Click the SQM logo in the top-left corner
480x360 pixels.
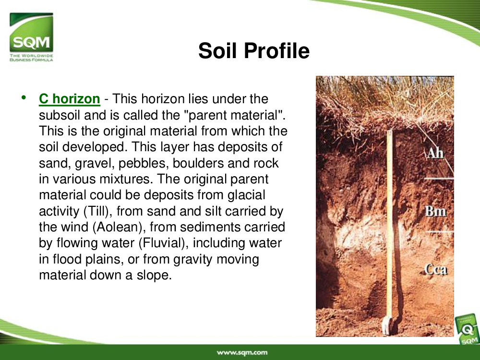pyautogui.click(x=31, y=37)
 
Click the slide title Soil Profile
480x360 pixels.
pyautogui.click(x=254, y=50)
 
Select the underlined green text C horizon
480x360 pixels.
pyautogui.click(x=70, y=99)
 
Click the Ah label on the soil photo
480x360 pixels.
pyautogui.click(x=435, y=153)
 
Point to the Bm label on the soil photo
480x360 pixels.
pyautogui.click(x=436, y=211)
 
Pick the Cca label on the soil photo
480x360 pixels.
pyautogui.click(x=436, y=269)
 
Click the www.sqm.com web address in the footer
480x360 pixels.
pyautogui.click(x=242, y=353)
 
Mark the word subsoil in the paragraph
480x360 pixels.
pyautogui.click(x=60, y=115)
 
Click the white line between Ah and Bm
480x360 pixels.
pyautogui.click(x=438, y=178)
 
